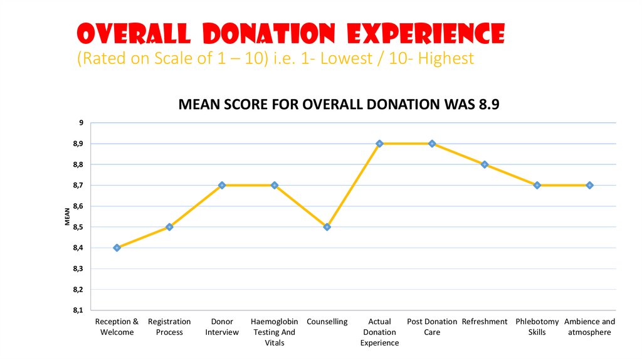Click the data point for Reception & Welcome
click(117, 248)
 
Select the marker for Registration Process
click(169, 227)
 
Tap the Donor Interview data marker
click(222, 186)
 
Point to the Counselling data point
click(327, 227)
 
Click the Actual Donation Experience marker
click(379, 144)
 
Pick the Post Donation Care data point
click(432, 144)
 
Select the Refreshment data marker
click(485, 164)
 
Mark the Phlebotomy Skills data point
click(537, 186)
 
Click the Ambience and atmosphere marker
click(590, 186)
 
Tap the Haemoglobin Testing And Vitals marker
click(275, 186)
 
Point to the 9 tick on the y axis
click(80, 123)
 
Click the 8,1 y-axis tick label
click(77, 310)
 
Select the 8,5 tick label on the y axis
click(77, 227)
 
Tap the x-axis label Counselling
click(327, 322)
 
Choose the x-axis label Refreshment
click(485, 322)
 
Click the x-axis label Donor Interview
click(222, 327)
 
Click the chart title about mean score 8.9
click(339, 105)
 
